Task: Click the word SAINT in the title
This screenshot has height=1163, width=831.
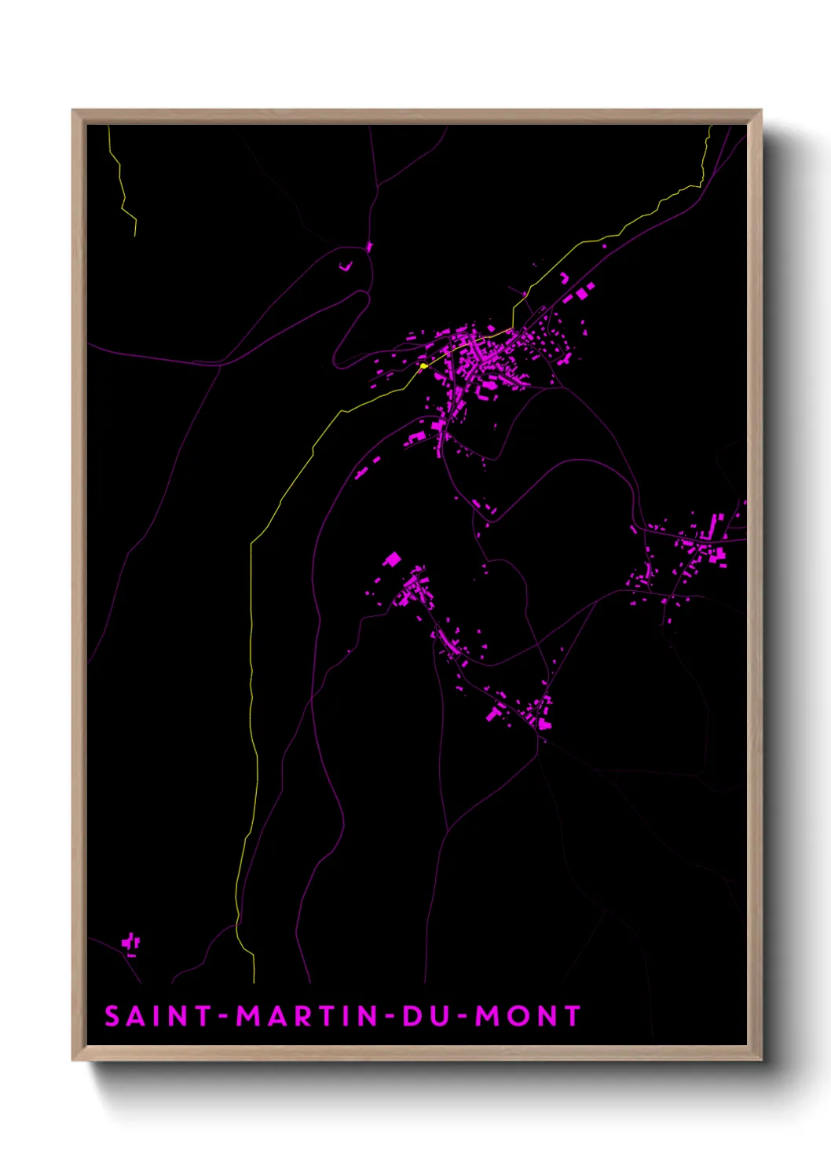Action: click(158, 1016)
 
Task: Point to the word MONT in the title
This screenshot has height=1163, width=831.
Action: click(528, 1016)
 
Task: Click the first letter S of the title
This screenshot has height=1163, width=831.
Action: click(112, 1016)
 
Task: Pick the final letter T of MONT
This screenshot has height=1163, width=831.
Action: click(571, 1016)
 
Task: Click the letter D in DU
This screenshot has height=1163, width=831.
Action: click(413, 1016)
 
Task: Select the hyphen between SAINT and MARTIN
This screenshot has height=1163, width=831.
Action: click(224, 1017)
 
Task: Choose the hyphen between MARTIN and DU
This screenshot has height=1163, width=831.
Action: click(390, 1017)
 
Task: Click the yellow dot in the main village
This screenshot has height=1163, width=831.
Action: click(424, 365)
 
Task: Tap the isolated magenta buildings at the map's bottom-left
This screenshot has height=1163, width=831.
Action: click(131, 943)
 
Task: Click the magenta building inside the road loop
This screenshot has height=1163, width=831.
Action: click(345, 266)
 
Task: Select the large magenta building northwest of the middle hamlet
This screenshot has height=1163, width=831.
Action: click(392, 559)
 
